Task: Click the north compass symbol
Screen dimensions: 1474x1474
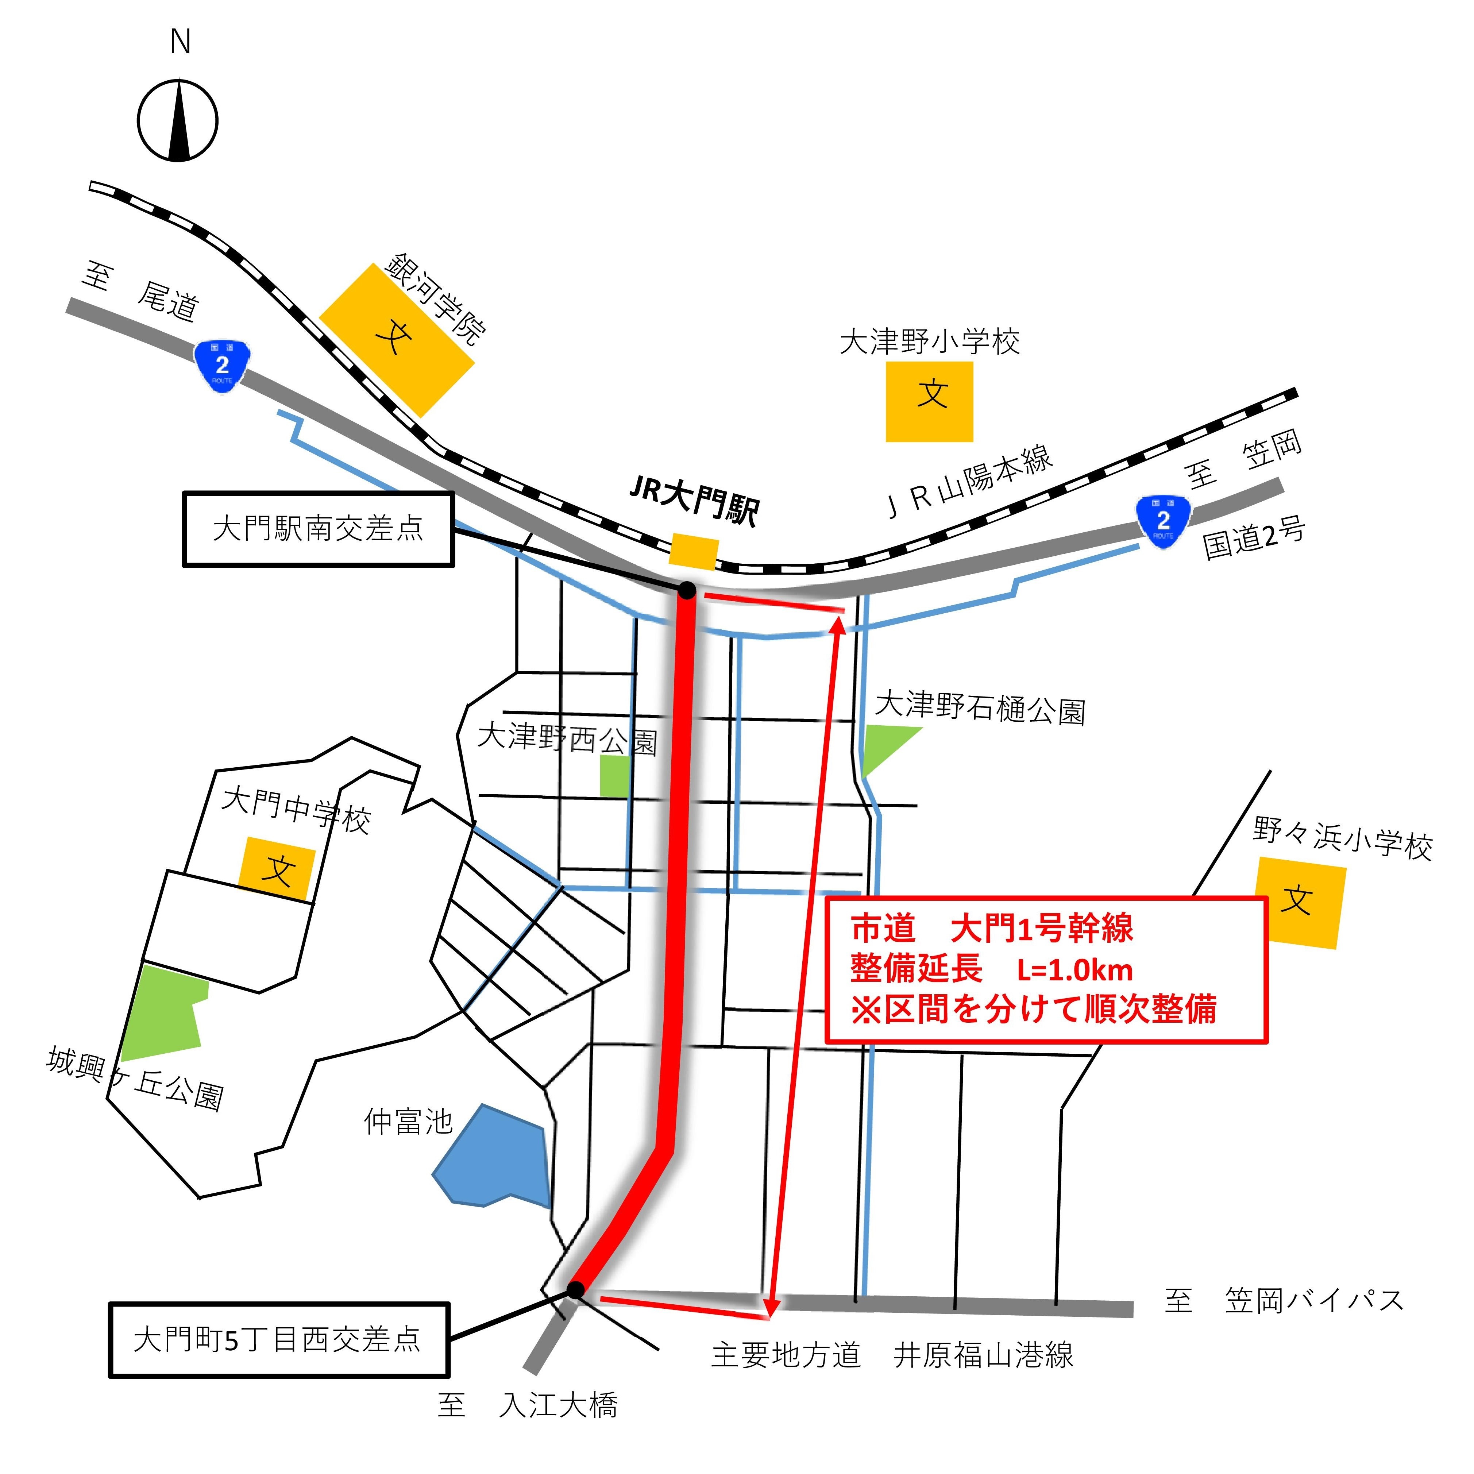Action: pos(178,120)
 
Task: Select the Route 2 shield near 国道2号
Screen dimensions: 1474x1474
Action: pos(1163,520)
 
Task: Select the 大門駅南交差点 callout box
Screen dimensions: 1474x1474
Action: pos(318,529)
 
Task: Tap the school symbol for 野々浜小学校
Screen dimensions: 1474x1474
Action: pos(1300,903)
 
